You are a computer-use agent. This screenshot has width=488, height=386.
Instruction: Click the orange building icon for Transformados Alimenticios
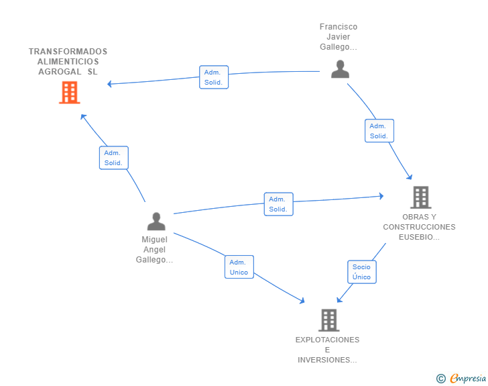pos(70,92)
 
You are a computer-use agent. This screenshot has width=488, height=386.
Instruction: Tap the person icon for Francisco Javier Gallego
pos(340,69)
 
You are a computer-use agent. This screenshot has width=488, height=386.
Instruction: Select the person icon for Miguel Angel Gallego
pos(156,222)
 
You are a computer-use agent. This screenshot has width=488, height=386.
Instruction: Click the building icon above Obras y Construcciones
pos(421,197)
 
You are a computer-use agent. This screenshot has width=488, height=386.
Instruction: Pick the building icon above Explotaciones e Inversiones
pos(329,320)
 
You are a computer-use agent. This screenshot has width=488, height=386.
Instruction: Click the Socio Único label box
pos(362,272)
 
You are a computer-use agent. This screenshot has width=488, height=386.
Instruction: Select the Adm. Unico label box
pos(239,267)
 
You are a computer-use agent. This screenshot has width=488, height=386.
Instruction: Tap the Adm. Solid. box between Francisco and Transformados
pos(214,77)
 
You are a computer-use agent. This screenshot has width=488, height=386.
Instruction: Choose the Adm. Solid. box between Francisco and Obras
pos(379,131)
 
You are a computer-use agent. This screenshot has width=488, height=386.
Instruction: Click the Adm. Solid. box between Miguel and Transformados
pos(114,158)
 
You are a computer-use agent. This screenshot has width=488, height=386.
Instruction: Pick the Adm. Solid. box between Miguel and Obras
pos(279,204)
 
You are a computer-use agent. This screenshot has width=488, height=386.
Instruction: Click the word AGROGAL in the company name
pos(60,72)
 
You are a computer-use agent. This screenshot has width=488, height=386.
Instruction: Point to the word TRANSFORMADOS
pos(68,52)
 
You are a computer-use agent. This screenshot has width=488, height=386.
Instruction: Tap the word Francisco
pos(339,27)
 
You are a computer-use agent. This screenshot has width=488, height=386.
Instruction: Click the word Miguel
pos(154,240)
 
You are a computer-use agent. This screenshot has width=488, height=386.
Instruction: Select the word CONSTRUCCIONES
pos(419,227)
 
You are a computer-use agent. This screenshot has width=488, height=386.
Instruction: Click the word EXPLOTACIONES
pos(327,340)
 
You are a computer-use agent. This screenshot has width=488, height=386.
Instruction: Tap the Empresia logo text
pos(468,378)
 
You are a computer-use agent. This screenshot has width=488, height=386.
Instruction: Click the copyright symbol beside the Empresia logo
pos(441,379)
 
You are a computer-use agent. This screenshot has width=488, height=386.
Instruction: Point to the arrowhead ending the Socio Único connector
pos(339,299)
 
